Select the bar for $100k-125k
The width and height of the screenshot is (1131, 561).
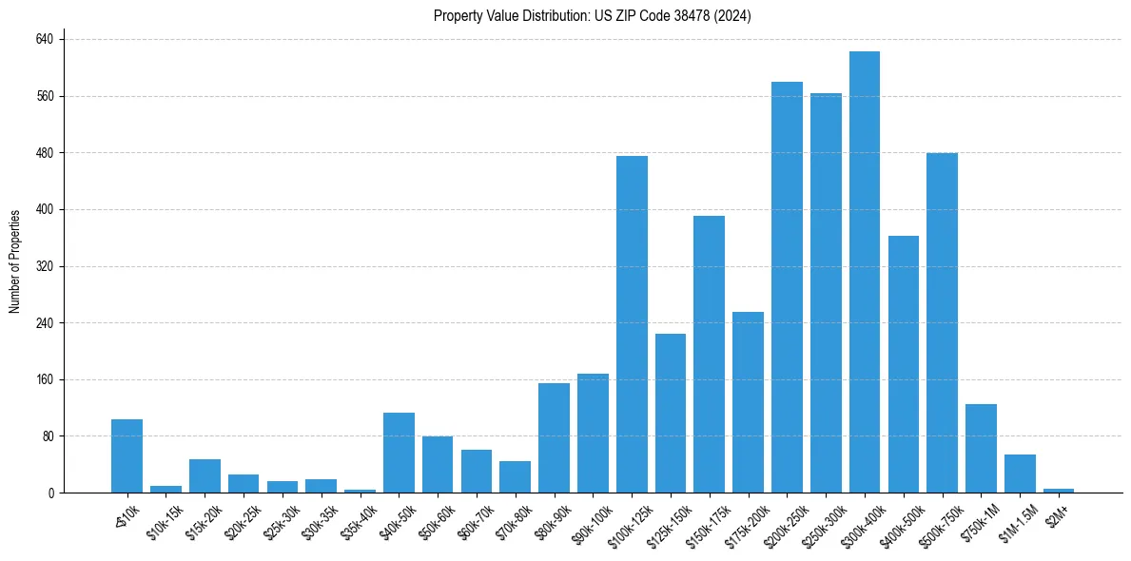(x=632, y=324)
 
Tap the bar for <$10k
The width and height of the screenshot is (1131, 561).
(x=127, y=456)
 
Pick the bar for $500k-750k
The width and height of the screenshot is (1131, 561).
(x=942, y=323)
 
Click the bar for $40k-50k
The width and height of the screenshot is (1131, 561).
(x=399, y=453)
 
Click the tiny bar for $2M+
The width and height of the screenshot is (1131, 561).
(x=1059, y=491)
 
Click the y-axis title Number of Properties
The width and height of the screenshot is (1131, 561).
(x=14, y=261)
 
